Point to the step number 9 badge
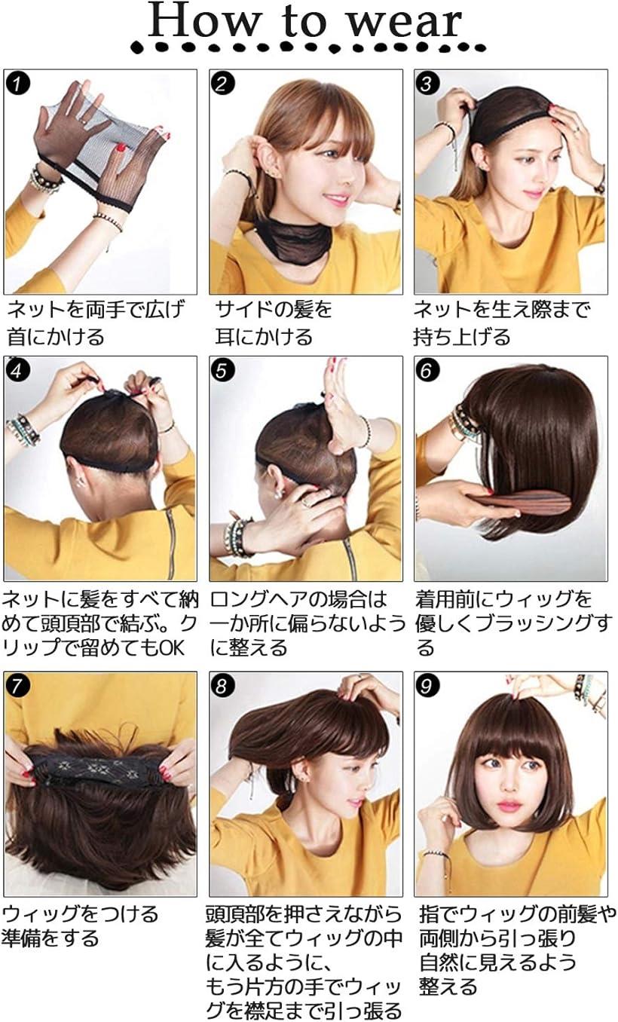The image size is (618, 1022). coord(427,685)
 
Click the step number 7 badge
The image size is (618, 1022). coord(17,685)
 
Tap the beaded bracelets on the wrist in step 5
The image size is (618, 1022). coord(236,534)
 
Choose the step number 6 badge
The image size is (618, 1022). coord(427,370)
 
